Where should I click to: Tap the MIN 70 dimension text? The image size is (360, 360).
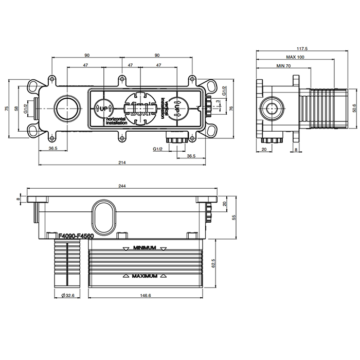[x=284, y=66]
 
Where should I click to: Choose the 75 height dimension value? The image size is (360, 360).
[x=7, y=109]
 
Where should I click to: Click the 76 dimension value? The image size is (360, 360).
[x=231, y=109]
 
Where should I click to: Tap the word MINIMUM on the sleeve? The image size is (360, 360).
[x=145, y=248]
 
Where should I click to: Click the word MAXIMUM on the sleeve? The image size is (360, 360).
[x=144, y=276]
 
